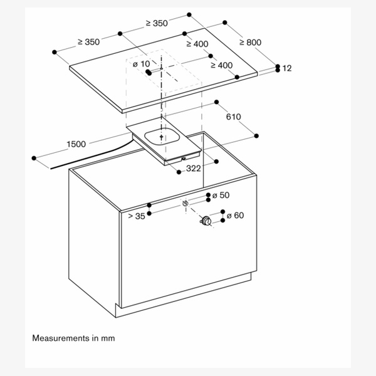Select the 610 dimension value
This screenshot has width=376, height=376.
(x=234, y=117)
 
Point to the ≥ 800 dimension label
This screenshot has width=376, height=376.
(x=250, y=42)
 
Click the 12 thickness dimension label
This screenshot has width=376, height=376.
(x=287, y=68)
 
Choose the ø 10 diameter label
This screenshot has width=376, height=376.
(x=142, y=64)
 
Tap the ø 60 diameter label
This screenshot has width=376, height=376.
(x=234, y=216)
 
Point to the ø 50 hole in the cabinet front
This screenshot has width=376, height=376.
(x=185, y=203)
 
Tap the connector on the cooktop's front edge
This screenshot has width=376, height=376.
(x=182, y=159)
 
